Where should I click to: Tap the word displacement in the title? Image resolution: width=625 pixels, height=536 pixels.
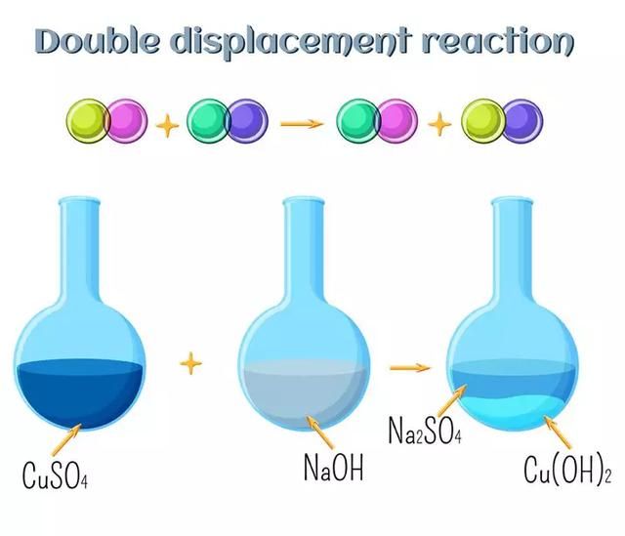(x=290, y=43)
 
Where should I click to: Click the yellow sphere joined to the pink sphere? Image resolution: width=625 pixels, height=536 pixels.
(x=88, y=120)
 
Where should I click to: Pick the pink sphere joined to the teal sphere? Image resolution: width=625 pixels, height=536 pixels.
(x=397, y=120)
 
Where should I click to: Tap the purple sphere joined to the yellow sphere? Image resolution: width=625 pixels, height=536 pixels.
(x=522, y=120)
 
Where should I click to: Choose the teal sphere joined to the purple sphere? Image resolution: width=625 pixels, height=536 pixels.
(x=208, y=120)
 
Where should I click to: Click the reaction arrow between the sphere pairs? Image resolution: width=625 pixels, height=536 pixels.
(x=302, y=124)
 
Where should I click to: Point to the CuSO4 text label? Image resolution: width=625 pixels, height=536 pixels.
(x=55, y=475)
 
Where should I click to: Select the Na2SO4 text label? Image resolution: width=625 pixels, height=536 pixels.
(x=425, y=431)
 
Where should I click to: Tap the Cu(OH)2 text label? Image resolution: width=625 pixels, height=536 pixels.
(x=567, y=471)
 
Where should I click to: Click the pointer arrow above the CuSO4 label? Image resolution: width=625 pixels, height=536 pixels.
(x=66, y=440)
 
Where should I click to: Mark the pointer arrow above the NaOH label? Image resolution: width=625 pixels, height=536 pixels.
(x=320, y=432)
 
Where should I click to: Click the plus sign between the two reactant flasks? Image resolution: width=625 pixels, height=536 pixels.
(x=191, y=363)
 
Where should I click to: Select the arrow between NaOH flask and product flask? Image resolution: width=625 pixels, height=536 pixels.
(x=410, y=367)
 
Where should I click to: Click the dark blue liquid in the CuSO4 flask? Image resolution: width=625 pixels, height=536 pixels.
(x=80, y=394)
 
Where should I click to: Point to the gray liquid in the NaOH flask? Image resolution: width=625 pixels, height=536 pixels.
(x=305, y=394)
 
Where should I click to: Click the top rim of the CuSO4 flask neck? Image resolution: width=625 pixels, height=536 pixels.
(x=79, y=199)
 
